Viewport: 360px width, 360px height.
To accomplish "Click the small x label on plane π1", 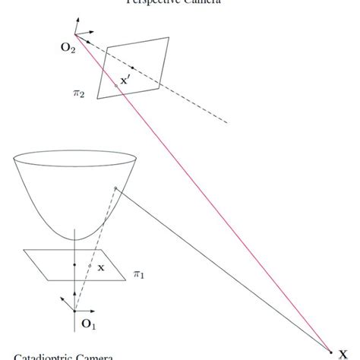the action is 101,267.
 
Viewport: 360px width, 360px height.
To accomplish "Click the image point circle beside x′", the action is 115,85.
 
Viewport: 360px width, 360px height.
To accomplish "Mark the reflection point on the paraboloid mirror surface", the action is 115,188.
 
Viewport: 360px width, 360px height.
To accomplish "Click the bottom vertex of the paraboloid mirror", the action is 75,239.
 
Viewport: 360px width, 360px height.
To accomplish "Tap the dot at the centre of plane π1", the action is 74,264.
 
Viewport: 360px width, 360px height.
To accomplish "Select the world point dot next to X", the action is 332,350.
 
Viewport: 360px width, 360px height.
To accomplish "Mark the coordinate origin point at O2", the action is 74,34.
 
